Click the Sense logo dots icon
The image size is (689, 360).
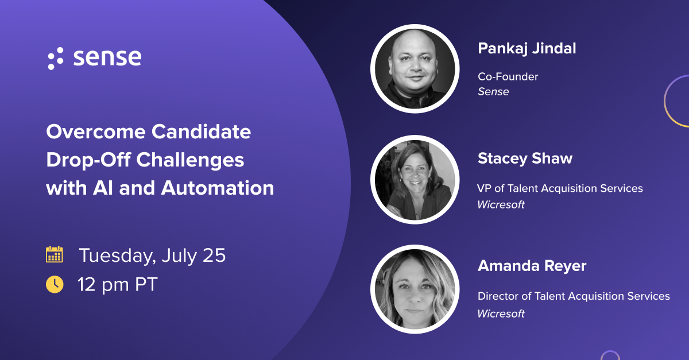click(x=56, y=59)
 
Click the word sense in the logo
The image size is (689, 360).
click(x=107, y=57)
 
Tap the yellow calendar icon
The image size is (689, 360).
click(x=55, y=254)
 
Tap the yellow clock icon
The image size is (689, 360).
click(x=55, y=284)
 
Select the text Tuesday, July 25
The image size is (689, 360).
click(x=152, y=256)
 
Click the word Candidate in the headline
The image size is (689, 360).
click(x=201, y=132)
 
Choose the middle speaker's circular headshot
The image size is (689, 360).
click(x=415, y=179)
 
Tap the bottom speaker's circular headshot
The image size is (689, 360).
click(x=415, y=289)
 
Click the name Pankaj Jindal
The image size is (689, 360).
click(x=527, y=49)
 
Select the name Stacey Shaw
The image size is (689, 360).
click(x=525, y=158)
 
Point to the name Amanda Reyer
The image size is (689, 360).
click(x=532, y=266)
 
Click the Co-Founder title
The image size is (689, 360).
click(x=508, y=76)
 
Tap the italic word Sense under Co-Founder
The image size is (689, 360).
click(x=493, y=91)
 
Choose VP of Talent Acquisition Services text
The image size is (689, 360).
click(x=560, y=188)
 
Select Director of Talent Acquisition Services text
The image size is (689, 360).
click(x=574, y=296)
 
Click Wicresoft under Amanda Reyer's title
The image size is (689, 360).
click(x=501, y=313)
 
